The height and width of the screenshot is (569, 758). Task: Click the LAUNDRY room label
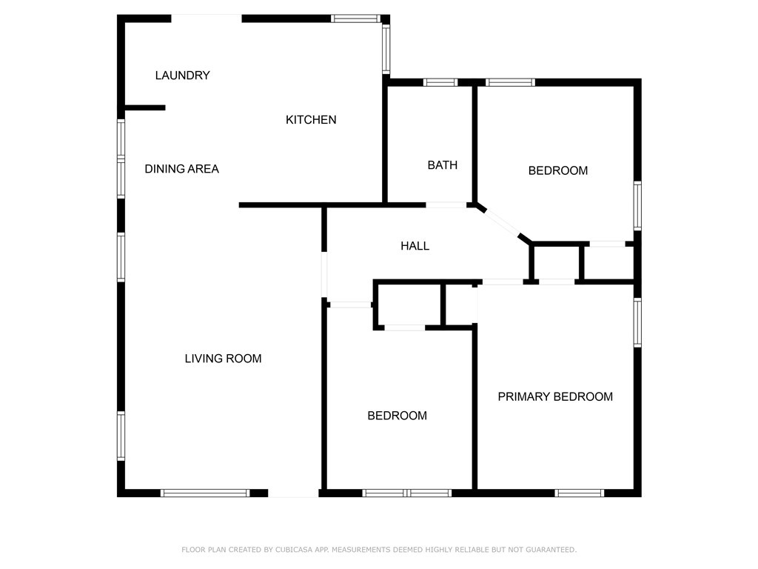tap(183, 76)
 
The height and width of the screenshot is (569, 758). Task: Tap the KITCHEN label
tap(311, 119)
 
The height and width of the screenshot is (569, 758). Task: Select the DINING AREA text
tap(181, 169)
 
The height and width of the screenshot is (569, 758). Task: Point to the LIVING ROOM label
tap(223, 359)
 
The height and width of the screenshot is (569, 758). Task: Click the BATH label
tap(443, 165)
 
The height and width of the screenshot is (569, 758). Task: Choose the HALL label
tap(415, 246)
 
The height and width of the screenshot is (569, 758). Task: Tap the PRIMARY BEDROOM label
tap(555, 396)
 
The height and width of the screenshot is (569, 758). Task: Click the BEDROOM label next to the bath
tap(558, 170)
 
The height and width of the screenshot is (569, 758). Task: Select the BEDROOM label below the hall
tap(398, 416)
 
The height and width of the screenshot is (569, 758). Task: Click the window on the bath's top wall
tap(440, 82)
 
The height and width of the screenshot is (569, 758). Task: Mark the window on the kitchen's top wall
tap(355, 19)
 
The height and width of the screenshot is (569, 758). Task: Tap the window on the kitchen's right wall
tap(386, 49)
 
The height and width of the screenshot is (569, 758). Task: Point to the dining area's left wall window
tap(121, 159)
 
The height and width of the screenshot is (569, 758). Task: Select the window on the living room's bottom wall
tap(205, 493)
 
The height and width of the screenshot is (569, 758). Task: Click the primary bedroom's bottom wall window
tap(580, 493)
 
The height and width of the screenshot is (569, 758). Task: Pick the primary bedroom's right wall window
tap(637, 322)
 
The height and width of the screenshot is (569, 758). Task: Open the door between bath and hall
tap(446, 204)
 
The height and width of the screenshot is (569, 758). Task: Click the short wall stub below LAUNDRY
tap(144, 108)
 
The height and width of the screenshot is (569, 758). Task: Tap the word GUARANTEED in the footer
tap(548, 550)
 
